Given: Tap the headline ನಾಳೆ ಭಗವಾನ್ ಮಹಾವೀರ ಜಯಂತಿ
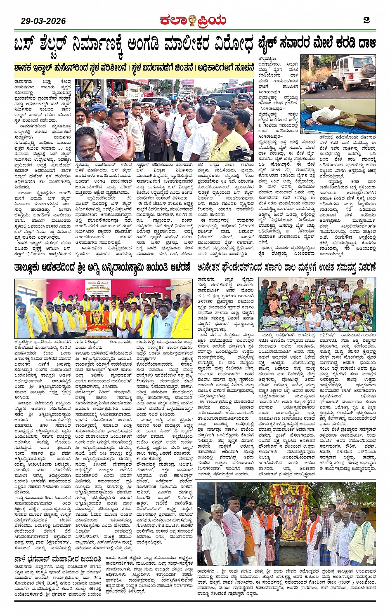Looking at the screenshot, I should (x=57, y=559).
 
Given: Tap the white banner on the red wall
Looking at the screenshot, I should (x=96, y=290).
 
